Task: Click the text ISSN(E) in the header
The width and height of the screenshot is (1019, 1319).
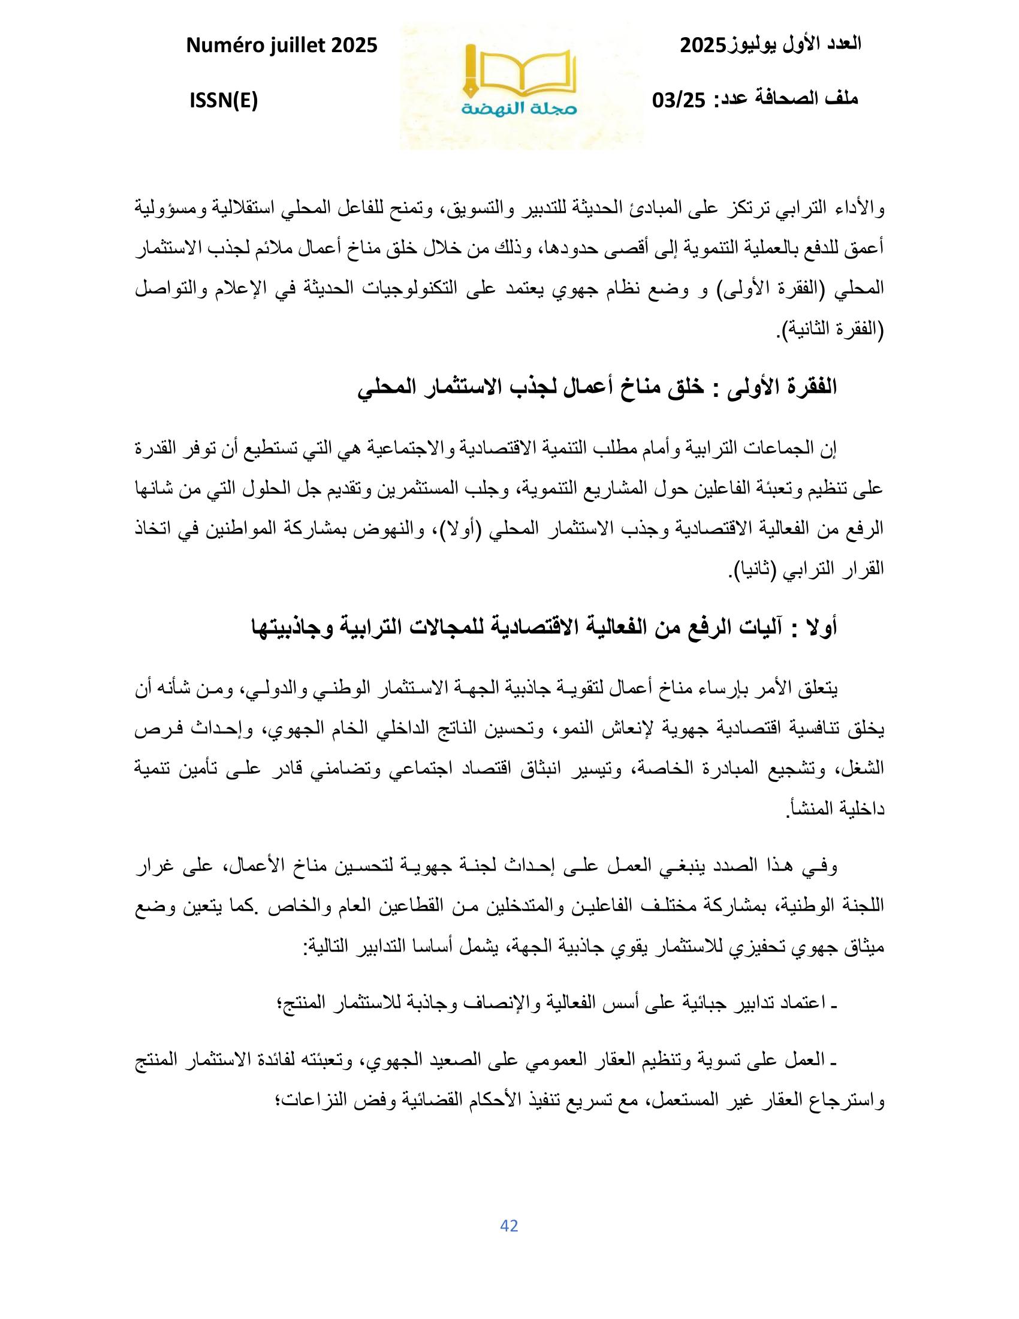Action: pyautogui.click(x=224, y=100)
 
